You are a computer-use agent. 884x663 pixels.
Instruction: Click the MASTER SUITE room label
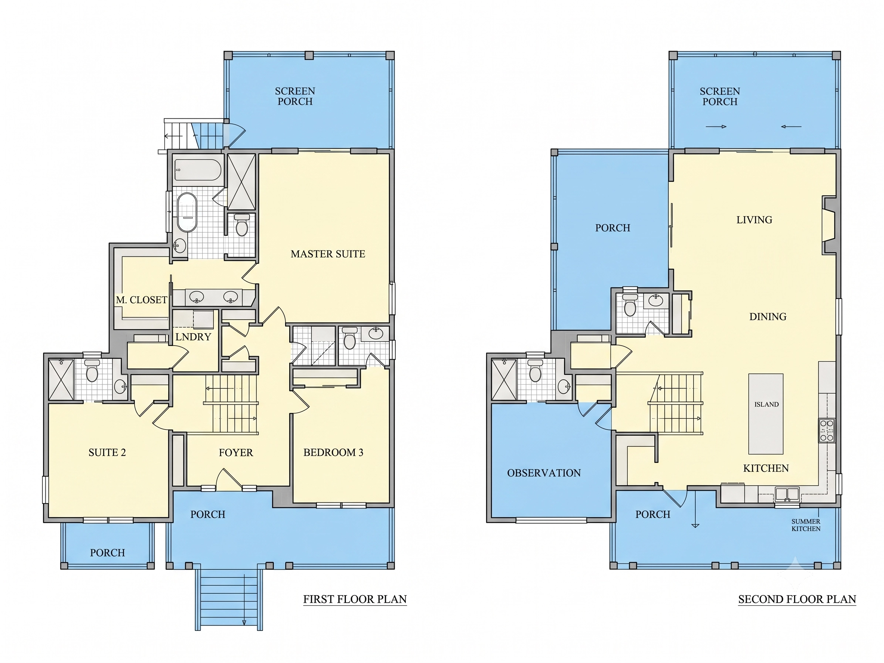point(328,254)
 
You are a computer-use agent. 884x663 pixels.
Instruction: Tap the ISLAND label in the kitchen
point(766,404)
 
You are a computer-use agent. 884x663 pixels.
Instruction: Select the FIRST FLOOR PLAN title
point(355,599)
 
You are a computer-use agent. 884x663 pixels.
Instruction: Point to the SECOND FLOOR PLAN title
point(797,599)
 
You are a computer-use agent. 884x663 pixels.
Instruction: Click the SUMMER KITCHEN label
point(806,525)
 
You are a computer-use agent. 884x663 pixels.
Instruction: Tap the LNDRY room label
point(193,337)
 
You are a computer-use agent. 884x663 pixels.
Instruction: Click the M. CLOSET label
point(141,300)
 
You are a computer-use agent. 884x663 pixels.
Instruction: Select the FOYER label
point(236,452)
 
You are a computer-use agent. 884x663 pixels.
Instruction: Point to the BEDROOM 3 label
point(333,452)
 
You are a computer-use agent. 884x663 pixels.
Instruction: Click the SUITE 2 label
point(107,452)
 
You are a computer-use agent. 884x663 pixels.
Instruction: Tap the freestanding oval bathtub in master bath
point(187,213)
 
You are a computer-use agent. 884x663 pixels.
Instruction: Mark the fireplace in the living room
point(829,225)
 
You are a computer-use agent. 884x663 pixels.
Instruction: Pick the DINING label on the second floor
point(768,317)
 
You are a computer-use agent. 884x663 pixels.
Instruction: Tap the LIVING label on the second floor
point(754,220)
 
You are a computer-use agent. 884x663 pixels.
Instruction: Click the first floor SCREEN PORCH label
point(295,96)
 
